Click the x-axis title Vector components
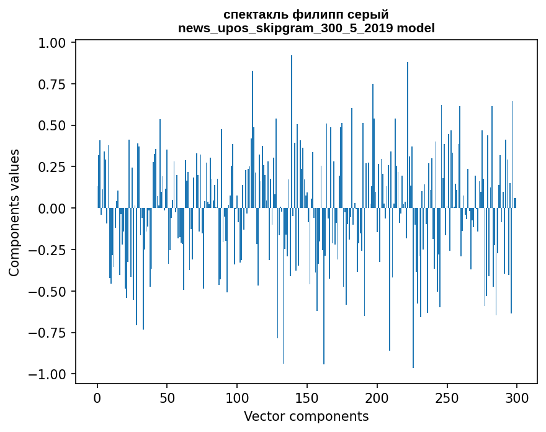pyautogui.click(x=307, y=416)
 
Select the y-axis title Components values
pyautogui.click(x=14, y=212)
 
